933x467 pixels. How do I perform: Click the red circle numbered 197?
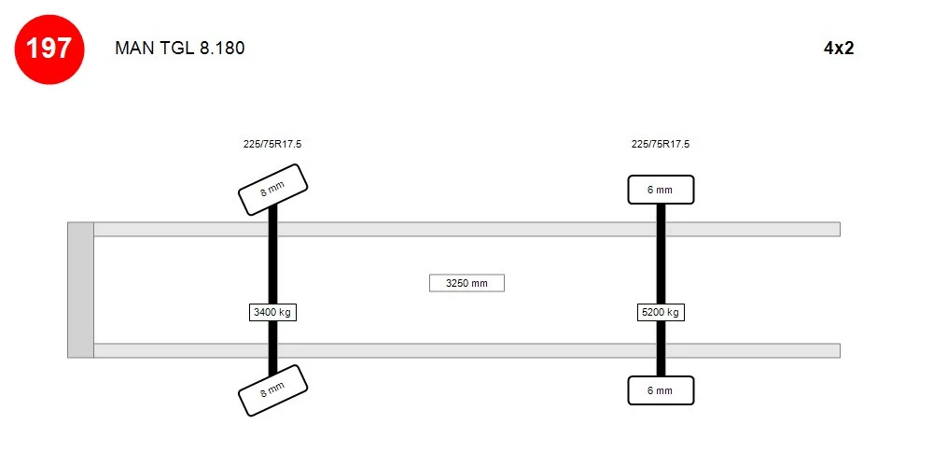pos(49,49)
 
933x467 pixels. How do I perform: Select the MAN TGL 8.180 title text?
pos(180,49)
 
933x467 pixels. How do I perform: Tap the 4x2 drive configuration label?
pos(839,49)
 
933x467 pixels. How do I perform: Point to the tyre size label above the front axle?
pos(272,144)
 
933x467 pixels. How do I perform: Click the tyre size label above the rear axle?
pos(661,144)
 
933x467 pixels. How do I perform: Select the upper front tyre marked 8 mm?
pos(272,190)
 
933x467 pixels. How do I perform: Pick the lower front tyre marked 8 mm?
pos(272,390)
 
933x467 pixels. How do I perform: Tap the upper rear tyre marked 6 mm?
pos(661,190)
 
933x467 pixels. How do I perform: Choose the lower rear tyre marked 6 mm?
pos(661,390)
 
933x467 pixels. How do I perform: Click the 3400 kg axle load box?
pos(272,312)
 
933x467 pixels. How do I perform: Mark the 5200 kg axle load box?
pos(661,312)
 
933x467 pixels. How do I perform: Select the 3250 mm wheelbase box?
pos(466,283)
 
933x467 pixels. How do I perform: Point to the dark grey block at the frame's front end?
pos(81,290)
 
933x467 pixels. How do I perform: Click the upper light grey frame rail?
pos(467,230)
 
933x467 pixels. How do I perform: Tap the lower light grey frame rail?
pos(467,351)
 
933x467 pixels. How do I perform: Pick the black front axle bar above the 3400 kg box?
pos(272,254)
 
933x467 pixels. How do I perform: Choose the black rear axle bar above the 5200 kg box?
pos(661,254)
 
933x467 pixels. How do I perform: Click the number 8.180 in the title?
pos(222,49)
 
